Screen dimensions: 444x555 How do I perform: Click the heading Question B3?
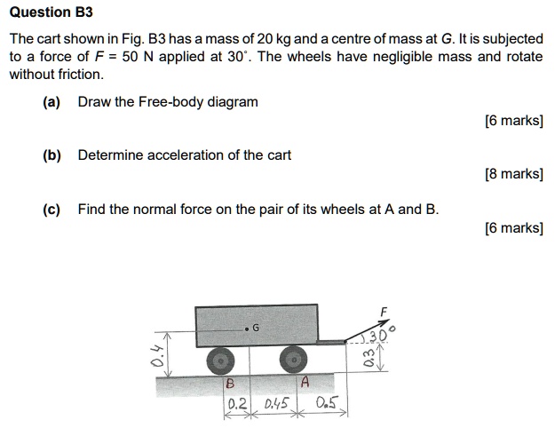(x=50, y=13)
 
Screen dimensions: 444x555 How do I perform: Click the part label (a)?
(x=52, y=102)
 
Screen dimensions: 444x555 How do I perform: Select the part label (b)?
(x=52, y=155)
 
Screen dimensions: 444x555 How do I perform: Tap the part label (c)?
(x=52, y=210)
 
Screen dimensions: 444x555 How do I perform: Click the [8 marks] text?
(x=514, y=174)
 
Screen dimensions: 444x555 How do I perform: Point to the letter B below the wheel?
(x=229, y=384)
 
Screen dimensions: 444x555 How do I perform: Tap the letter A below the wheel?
(x=304, y=384)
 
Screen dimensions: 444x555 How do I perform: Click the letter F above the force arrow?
(x=384, y=311)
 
